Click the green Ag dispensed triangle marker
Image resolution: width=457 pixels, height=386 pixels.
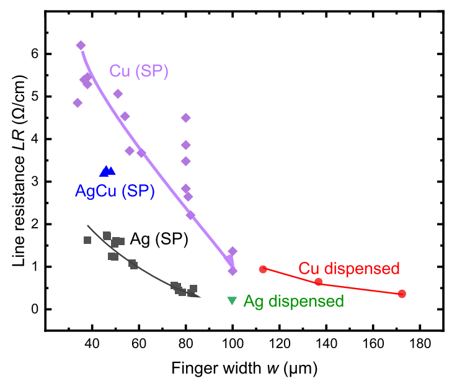(232, 300)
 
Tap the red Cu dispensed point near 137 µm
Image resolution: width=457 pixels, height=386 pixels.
(319, 282)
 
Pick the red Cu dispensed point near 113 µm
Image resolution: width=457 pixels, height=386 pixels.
(263, 269)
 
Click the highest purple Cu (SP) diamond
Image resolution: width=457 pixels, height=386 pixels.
(81, 45)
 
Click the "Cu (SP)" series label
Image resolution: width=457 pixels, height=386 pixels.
(140, 71)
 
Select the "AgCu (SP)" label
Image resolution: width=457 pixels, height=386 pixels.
(115, 191)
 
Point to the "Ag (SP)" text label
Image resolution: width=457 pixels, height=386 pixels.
(159, 239)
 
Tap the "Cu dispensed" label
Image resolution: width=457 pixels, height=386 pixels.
(348, 269)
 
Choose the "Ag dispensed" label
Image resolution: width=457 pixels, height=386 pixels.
(294, 302)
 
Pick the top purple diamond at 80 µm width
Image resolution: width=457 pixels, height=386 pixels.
(185, 118)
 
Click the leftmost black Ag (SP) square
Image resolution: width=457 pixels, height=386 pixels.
(87, 240)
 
